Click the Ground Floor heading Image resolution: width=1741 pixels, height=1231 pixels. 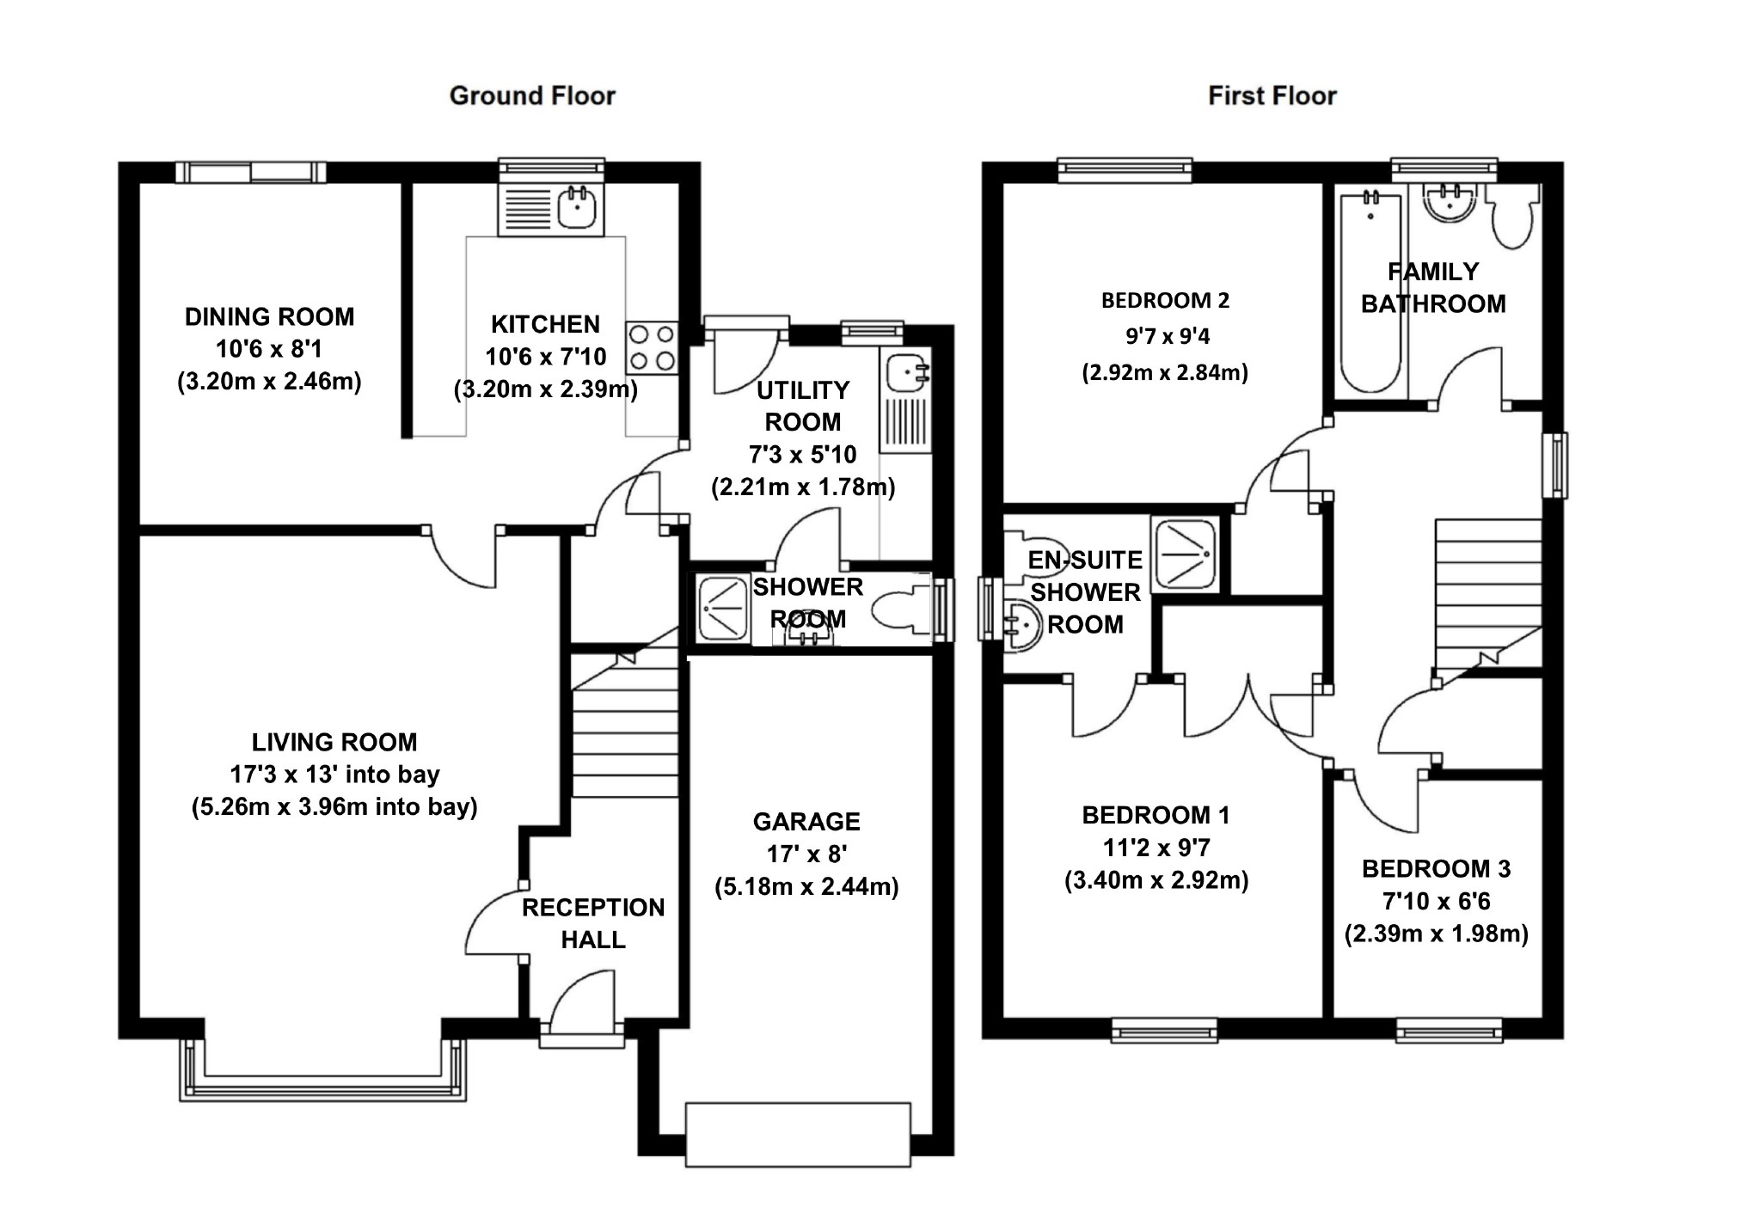pyautogui.click(x=532, y=95)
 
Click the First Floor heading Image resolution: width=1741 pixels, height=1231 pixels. pyautogui.click(x=1272, y=95)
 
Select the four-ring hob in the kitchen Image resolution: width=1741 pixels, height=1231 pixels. pyautogui.click(x=652, y=347)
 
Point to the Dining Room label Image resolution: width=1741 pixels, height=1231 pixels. pyautogui.click(x=269, y=317)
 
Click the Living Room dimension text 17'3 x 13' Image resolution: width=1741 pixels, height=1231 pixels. pyautogui.click(x=334, y=775)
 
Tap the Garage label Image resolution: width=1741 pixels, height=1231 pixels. pyautogui.click(x=806, y=822)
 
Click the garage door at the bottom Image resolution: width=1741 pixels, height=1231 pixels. pyautogui.click(x=797, y=1134)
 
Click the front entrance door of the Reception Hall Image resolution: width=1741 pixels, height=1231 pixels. pyautogui.click(x=582, y=1006)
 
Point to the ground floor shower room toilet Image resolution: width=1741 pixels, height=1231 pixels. pyautogui.click(x=898, y=611)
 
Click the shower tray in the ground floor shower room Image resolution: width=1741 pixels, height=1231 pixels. pyautogui.click(x=723, y=609)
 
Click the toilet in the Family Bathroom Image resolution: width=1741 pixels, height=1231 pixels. pyautogui.click(x=1512, y=218)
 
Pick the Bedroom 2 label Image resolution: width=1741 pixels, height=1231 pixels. pyautogui.click(x=1165, y=301)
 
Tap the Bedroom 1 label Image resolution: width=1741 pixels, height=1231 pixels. pyautogui.click(x=1156, y=815)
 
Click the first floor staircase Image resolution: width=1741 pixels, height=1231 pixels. pyautogui.click(x=1487, y=593)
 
